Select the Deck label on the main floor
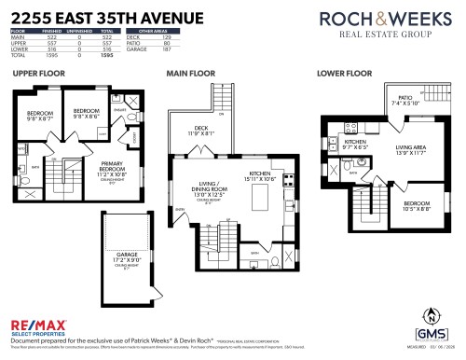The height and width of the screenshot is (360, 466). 202,131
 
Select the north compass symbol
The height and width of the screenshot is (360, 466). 430,315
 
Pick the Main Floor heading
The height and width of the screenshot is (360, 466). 189,72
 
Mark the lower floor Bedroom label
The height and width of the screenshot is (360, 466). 417,204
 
